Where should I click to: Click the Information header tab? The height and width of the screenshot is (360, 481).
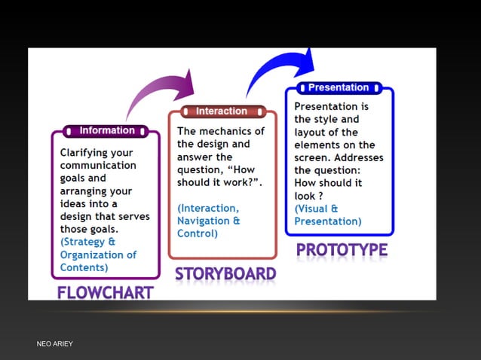[106, 130]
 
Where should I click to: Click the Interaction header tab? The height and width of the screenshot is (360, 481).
[222, 111]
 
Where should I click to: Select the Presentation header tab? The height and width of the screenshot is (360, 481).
[339, 87]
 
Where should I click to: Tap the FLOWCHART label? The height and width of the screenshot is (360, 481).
[106, 291]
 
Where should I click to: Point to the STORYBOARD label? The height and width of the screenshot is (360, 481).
[225, 273]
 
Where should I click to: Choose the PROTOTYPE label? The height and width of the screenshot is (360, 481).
[342, 249]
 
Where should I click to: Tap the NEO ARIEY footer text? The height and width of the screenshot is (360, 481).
[55, 344]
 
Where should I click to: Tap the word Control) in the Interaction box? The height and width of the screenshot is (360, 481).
[198, 233]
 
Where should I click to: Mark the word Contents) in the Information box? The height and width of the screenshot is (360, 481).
[84, 267]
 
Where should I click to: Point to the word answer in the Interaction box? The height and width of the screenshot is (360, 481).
[194, 157]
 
